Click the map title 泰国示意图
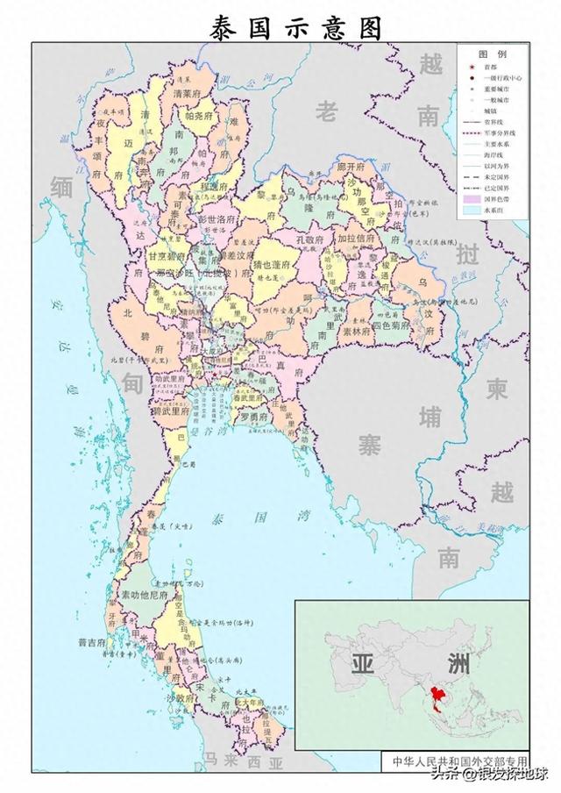click(295, 28)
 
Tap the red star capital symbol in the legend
click(470, 67)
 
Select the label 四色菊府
click(390, 325)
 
